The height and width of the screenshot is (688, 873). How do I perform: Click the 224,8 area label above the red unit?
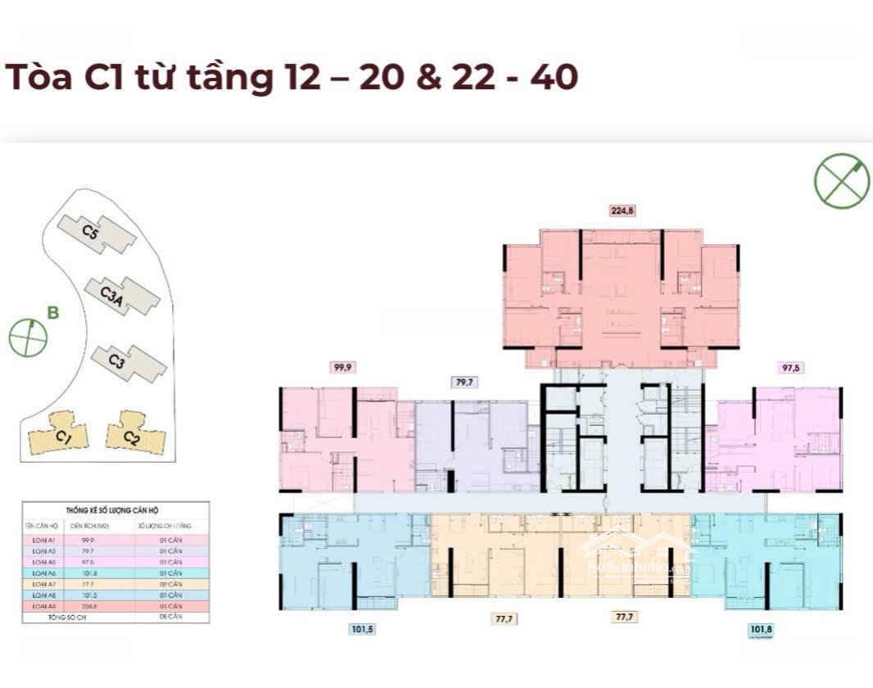pyautogui.click(x=622, y=210)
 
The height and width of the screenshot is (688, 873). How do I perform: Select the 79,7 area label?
pyautogui.click(x=464, y=382)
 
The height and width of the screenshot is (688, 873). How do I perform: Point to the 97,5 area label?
pyautogui.click(x=791, y=368)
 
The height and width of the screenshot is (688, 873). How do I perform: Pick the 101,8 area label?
pyautogui.click(x=762, y=630)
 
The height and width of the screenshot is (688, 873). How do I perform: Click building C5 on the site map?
pyautogui.click(x=97, y=234)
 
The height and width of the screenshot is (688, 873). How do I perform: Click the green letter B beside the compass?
pyautogui.click(x=53, y=312)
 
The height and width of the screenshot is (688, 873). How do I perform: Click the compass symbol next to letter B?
pyautogui.click(x=28, y=338)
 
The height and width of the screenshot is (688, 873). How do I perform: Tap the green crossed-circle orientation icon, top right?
pyautogui.click(x=842, y=180)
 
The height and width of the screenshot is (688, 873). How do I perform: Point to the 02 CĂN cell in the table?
pyautogui.click(x=170, y=585)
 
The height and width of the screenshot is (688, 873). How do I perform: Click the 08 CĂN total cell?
pyautogui.click(x=170, y=616)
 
